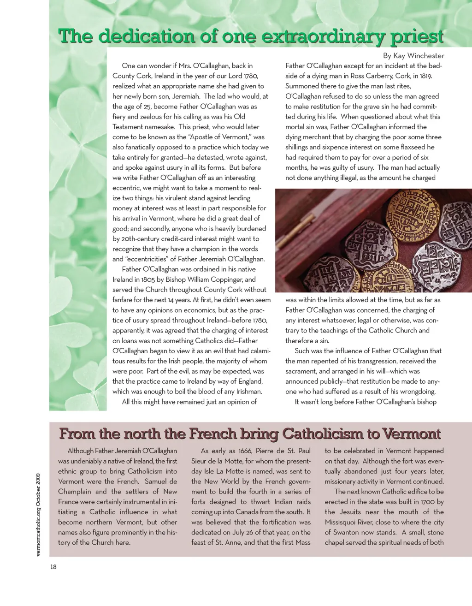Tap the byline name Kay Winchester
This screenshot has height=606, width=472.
419,56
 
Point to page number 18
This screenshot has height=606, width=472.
53,567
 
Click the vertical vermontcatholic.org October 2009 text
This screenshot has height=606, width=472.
39,514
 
